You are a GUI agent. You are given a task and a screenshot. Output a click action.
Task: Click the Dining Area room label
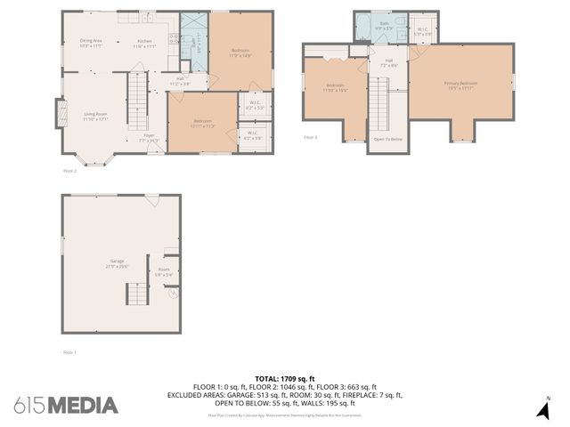click(x=91, y=41)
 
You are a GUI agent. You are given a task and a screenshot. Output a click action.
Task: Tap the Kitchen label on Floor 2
click(x=144, y=42)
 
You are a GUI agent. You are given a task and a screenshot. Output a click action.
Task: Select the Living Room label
click(x=95, y=115)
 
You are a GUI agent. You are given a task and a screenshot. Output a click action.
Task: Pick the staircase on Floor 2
click(x=136, y=89)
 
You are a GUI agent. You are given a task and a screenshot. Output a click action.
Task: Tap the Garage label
click(x=118, y=264)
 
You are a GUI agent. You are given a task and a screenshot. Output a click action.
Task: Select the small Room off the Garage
click(x=164, y=271)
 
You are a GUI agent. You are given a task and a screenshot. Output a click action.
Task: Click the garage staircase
click(x=136, y=294)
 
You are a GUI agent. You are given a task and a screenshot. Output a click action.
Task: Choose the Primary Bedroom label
click(x=461, y=85)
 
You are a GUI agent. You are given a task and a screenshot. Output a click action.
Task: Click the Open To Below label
click(x=387, y=140)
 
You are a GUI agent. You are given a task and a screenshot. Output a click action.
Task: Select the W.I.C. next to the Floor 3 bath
click(x=423, y=32)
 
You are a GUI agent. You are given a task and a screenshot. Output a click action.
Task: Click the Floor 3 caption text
click(x=310, y=138)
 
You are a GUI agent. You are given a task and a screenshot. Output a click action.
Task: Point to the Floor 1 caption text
click(x=69, y=352)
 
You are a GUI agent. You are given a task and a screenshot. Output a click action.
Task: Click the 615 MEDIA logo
click(x=66, y=405)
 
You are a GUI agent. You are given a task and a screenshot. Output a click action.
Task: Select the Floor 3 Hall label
click(x=388, y=65)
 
